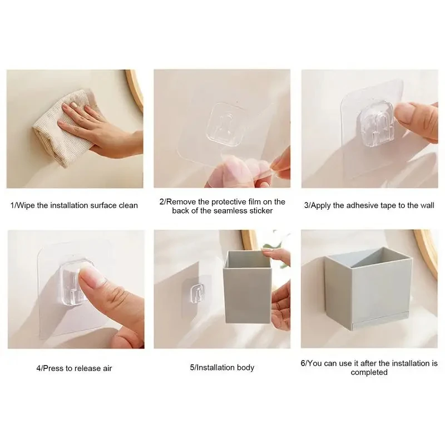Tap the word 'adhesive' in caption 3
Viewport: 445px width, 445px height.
point(353,205)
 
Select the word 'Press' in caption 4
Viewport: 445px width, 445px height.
point(52,368)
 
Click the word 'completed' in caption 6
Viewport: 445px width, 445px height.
point(369,372)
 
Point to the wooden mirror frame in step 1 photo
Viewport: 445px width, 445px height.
point(136,89)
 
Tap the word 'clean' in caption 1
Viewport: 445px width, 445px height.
point(127,205)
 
